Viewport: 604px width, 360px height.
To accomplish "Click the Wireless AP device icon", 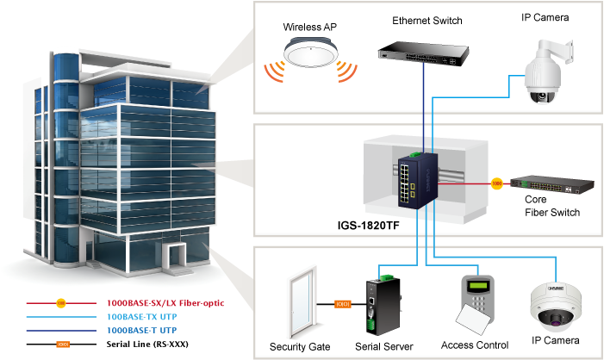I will click(x=309, y=57).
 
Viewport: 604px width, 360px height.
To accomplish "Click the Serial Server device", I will click(x=381, y=307).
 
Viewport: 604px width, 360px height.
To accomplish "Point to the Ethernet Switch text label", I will click(x=427, y=20).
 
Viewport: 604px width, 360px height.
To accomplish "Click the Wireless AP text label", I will click(x=309, y=28).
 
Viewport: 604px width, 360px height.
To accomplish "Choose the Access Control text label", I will click(x=475, y=345).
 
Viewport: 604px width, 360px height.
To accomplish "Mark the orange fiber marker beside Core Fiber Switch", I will click(x=495, y=183).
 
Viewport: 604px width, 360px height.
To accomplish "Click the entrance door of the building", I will click(x=178, y=256).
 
